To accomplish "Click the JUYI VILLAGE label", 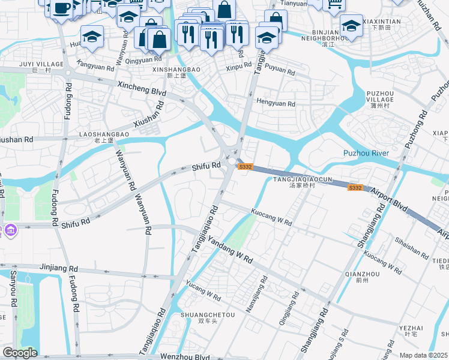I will pyautogui.click(x=41, y=64).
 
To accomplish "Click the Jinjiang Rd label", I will pyautogui.click(x=59, y=268).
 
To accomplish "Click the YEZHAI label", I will pyautogui.click(x=411, y=328).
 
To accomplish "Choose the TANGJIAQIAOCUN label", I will pyautogui.click(x=303, y=179).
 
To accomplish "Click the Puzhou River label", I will pyautogui.click(x=366, y=153).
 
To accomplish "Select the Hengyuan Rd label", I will pyautogui.click(x=276, y=103).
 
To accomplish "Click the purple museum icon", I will pyautogui.click(x=11, y=230).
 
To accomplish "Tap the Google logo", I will pyautogui.click(x=20, y=353).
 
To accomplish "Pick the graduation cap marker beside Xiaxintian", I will pyautogui.click(x=351, y=25).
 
